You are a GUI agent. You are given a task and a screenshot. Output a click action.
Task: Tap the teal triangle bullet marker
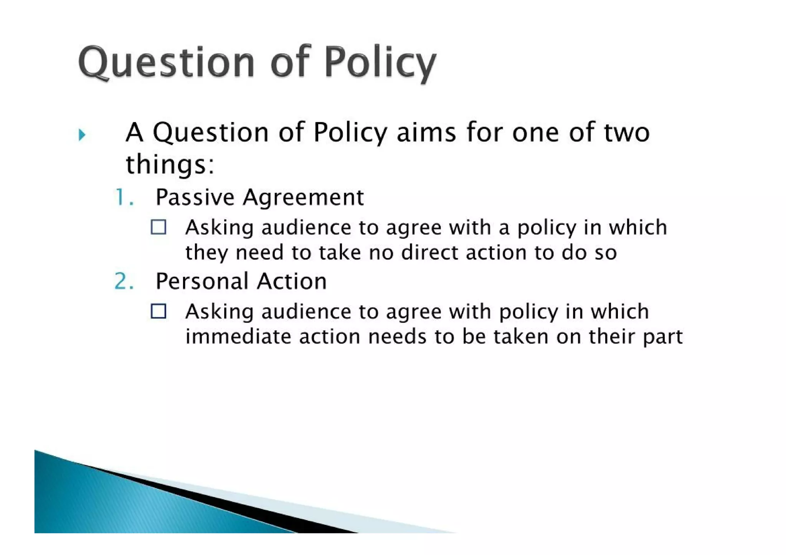click(82, 135)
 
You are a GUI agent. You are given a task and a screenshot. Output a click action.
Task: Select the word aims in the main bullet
click(426, 132)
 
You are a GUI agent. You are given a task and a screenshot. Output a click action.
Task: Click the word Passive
click(195, 198)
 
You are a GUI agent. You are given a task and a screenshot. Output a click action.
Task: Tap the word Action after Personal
click(292, 281)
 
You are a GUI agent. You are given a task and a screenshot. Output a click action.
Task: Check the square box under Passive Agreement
click(159, 227)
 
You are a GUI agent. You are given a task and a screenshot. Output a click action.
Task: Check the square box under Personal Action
click(159, 311)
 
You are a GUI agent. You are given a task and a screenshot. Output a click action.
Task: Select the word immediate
click(238, 336)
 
